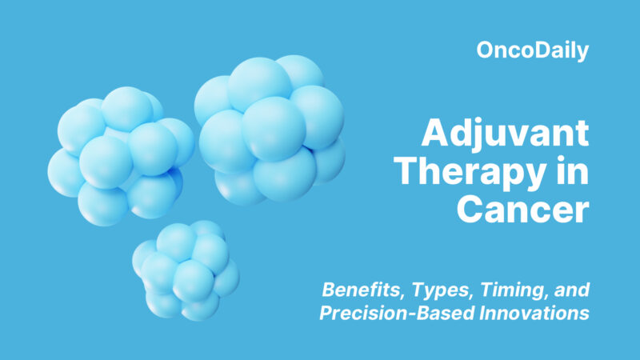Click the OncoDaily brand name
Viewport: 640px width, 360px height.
coord(532,52)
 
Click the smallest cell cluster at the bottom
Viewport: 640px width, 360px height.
coord(185,270)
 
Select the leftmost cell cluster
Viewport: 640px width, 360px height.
coord(119,154)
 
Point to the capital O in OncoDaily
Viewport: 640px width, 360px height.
coord(484,52)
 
